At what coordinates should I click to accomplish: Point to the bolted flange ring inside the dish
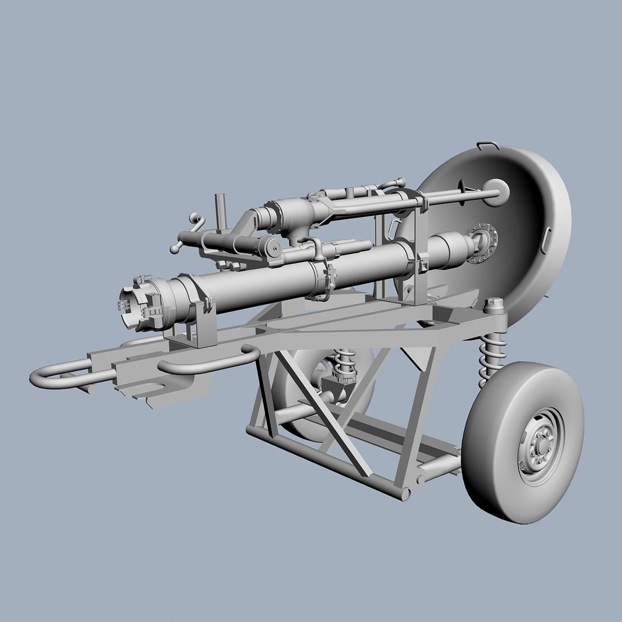(483, 244)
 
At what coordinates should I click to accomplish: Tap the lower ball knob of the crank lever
(173, 249)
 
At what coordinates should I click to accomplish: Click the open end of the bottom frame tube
(407, 494)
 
